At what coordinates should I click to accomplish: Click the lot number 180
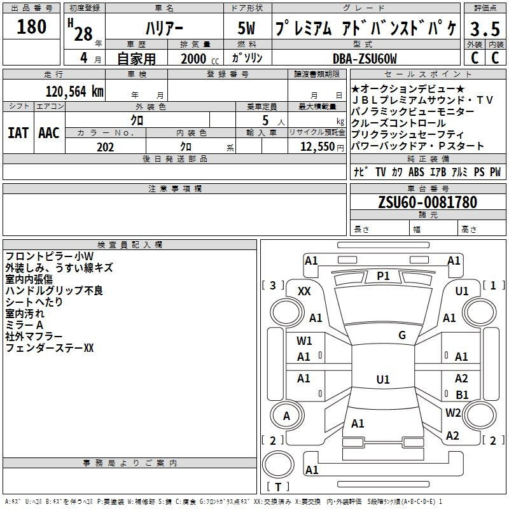31,27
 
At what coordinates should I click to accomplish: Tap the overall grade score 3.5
485,29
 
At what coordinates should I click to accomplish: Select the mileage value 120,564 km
74,92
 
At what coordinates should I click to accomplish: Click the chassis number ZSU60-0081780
428,202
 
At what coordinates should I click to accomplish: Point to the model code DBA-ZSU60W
365,59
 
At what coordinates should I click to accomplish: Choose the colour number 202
105,147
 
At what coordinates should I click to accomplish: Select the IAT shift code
18,133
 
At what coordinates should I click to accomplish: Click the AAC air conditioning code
49,133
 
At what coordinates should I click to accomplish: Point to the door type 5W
246,28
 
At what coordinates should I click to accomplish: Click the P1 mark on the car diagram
383,276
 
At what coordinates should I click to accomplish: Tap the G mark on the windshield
402,335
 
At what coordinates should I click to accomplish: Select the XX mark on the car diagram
304,291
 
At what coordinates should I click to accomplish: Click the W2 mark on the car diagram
453,412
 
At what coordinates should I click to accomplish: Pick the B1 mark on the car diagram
462,394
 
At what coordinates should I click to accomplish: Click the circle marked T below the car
278,464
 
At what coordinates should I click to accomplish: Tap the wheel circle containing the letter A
287,415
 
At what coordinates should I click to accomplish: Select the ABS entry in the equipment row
416,172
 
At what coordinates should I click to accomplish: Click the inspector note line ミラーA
24,325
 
